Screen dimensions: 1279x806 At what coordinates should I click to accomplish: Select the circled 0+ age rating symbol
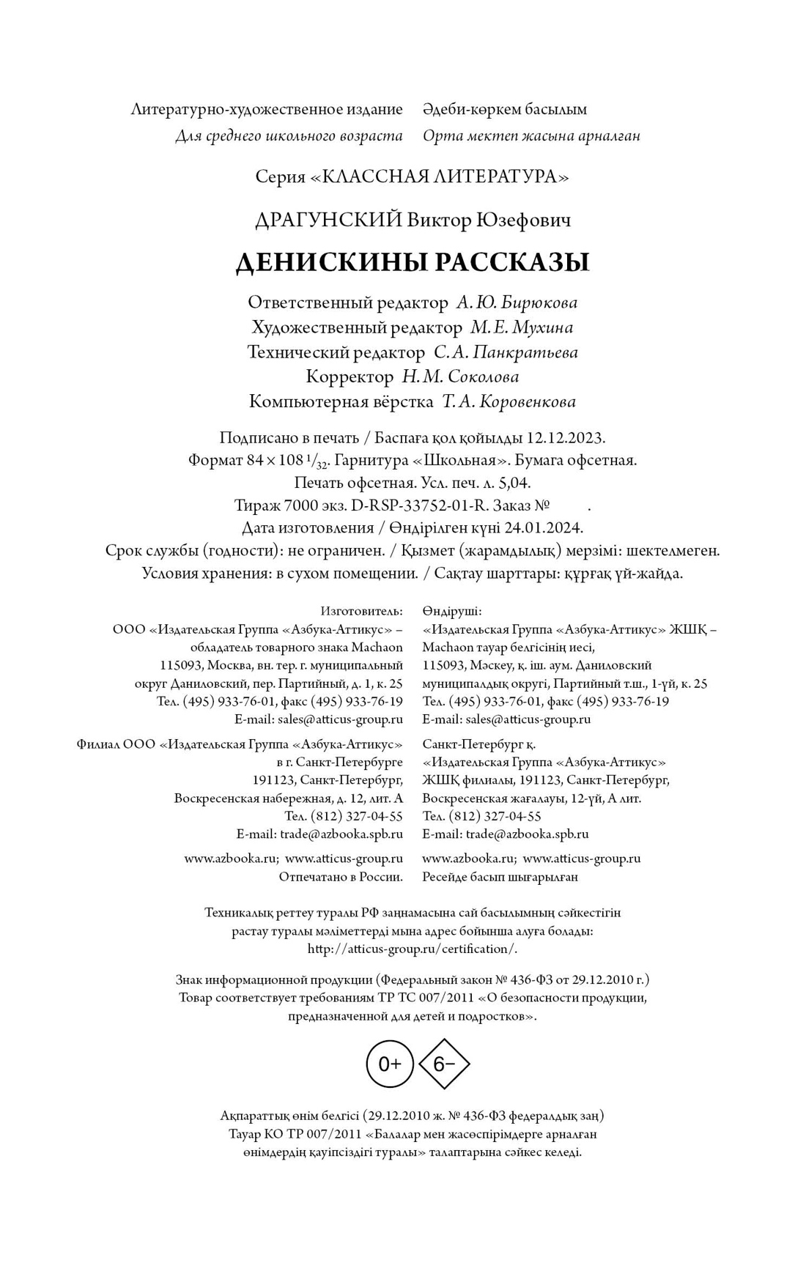pyautogui.click(x=390, y=1064)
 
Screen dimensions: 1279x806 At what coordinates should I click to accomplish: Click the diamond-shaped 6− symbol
pyautogui.click(x=443, y=1064)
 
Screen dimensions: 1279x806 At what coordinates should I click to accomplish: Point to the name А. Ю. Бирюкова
pyautogui.click(x=517, y=303)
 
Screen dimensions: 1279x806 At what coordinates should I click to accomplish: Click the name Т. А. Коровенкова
pyautogui.click(x=509, y=402)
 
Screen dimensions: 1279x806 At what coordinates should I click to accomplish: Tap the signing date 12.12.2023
pyautogui.click(x=566, y=438)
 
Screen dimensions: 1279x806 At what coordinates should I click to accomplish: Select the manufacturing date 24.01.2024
pyautogui.click(x=543, y=528)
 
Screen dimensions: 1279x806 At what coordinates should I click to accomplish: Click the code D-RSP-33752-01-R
pyautogui.click(x=421, y=505)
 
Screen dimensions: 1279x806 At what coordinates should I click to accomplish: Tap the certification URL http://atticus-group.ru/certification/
pyautogui.click(x=413, y=949)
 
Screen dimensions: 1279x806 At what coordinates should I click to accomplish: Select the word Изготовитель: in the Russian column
pyautogui.click(x=361, y=611)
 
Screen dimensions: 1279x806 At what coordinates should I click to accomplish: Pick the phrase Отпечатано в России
pyautogui.click(x=341, y=877)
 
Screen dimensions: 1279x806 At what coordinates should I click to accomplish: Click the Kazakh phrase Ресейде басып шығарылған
pyautogui.click(x=500, y=877)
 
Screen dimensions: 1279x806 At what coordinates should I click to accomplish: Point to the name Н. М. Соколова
pyautogui.click(x=460, y=377)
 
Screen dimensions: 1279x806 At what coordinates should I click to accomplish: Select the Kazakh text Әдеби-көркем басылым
pyautogui.click(x=505, y=110)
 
